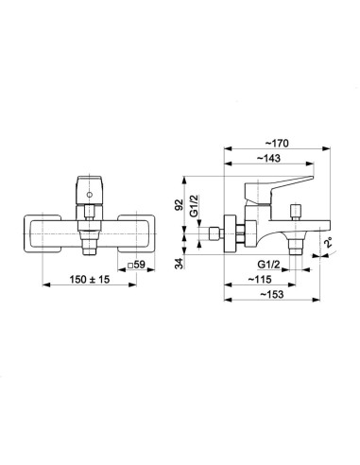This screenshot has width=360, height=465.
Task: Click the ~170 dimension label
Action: point(276,144)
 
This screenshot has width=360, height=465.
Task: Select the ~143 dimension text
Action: point(268,158)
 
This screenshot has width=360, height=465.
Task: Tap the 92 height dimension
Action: point(179,205)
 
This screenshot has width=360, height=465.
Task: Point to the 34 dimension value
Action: point(179,264)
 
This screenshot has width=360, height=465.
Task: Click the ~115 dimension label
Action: point(260,280)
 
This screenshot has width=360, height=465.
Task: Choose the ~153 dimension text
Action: point(272,294)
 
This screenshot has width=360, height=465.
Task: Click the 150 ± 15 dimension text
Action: point(90,279)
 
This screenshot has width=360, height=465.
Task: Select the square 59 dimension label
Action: point(136,265)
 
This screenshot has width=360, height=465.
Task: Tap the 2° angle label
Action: point(329,243)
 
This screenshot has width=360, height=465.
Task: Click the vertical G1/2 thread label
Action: point(195,205)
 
